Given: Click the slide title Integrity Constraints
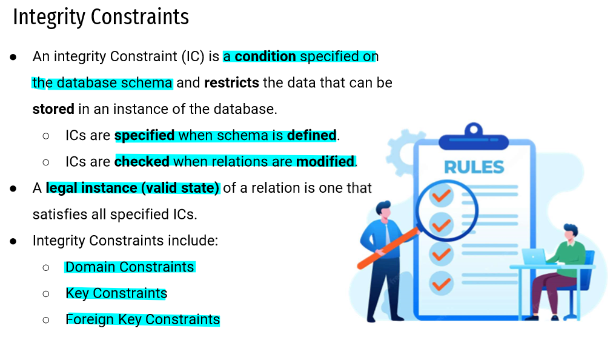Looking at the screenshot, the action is (x=101, y=18).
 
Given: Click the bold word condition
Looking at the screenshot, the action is (x=265, y=56).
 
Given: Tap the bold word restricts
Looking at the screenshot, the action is (x=232, y=83).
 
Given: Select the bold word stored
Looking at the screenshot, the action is (x=53, y=109).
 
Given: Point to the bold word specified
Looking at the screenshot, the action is (x=145, y=136).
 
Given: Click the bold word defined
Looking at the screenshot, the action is (x=311, y=136).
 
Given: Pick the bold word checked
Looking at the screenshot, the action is (x=142, y=162).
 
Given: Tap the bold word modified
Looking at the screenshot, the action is (x=325, y=162).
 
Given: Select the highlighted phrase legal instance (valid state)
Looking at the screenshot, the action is (x=133, y=188).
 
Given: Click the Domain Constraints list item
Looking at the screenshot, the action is (x=130, y=267).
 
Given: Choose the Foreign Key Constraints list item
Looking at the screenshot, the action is (x=142, y=320).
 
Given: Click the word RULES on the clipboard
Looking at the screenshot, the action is (x=474, y=167).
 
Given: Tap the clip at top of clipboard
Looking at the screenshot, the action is (x=474, y=137).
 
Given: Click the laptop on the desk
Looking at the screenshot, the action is (x=534, y=257).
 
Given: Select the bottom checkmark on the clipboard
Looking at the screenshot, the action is (x=441, y=284).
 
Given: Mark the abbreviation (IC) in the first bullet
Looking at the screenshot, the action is (x=193, y=57).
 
